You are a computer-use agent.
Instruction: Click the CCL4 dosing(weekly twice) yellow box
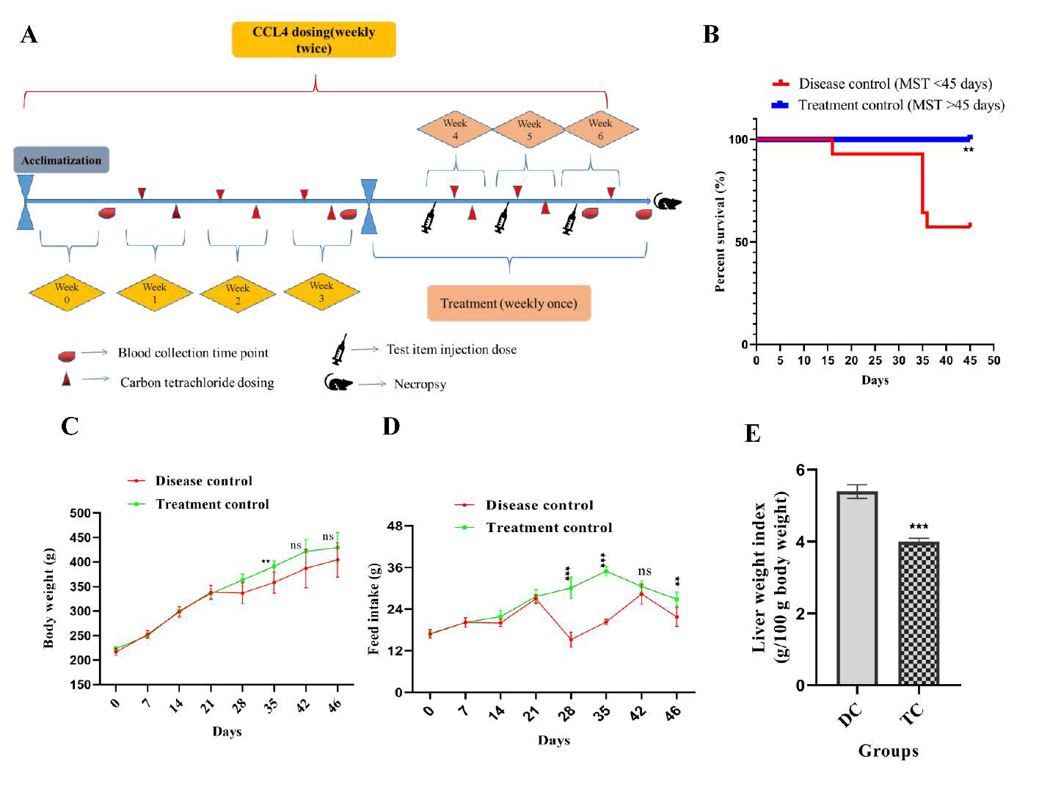point(313,40)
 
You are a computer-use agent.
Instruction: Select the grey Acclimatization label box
point(62,160)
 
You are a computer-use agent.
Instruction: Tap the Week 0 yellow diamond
point(67,292)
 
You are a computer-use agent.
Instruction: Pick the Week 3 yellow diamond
point(321,291)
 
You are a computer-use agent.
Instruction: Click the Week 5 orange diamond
point(529,129)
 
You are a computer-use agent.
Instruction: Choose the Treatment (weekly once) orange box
point(508,303)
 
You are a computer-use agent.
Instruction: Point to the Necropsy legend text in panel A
point(420,384)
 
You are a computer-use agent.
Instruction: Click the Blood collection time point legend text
point(193,353)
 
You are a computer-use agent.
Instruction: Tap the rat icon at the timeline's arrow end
point(667,202)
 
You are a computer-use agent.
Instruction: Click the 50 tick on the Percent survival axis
point(742,242)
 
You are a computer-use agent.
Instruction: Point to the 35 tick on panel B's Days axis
point(922,360)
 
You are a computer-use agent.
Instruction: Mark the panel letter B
point(710,34)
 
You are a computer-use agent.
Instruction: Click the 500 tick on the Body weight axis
point(81,513)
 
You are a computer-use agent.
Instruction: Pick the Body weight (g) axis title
point(49,597)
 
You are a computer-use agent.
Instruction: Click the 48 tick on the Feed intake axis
point(395,526)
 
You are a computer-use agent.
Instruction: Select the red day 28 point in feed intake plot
point(571,639)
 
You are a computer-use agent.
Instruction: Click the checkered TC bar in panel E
point(919,613)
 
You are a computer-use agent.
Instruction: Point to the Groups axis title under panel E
point(888,751)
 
